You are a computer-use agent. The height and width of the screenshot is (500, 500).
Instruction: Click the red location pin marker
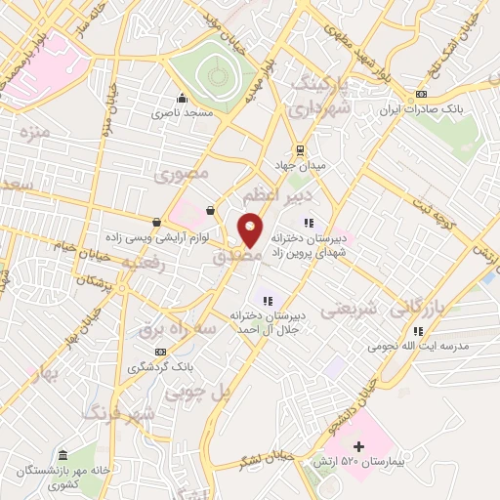pos(251,229)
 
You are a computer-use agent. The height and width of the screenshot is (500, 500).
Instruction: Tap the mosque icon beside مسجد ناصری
pos(182,98)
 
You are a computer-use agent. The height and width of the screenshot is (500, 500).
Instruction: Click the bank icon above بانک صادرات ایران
pos(421,94)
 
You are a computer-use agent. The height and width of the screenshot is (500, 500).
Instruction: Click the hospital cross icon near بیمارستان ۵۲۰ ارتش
pos(359,446)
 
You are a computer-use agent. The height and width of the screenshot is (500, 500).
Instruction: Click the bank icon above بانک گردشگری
pos(161,353)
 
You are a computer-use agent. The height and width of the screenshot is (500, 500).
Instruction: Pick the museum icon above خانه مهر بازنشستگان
pos(63,455)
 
